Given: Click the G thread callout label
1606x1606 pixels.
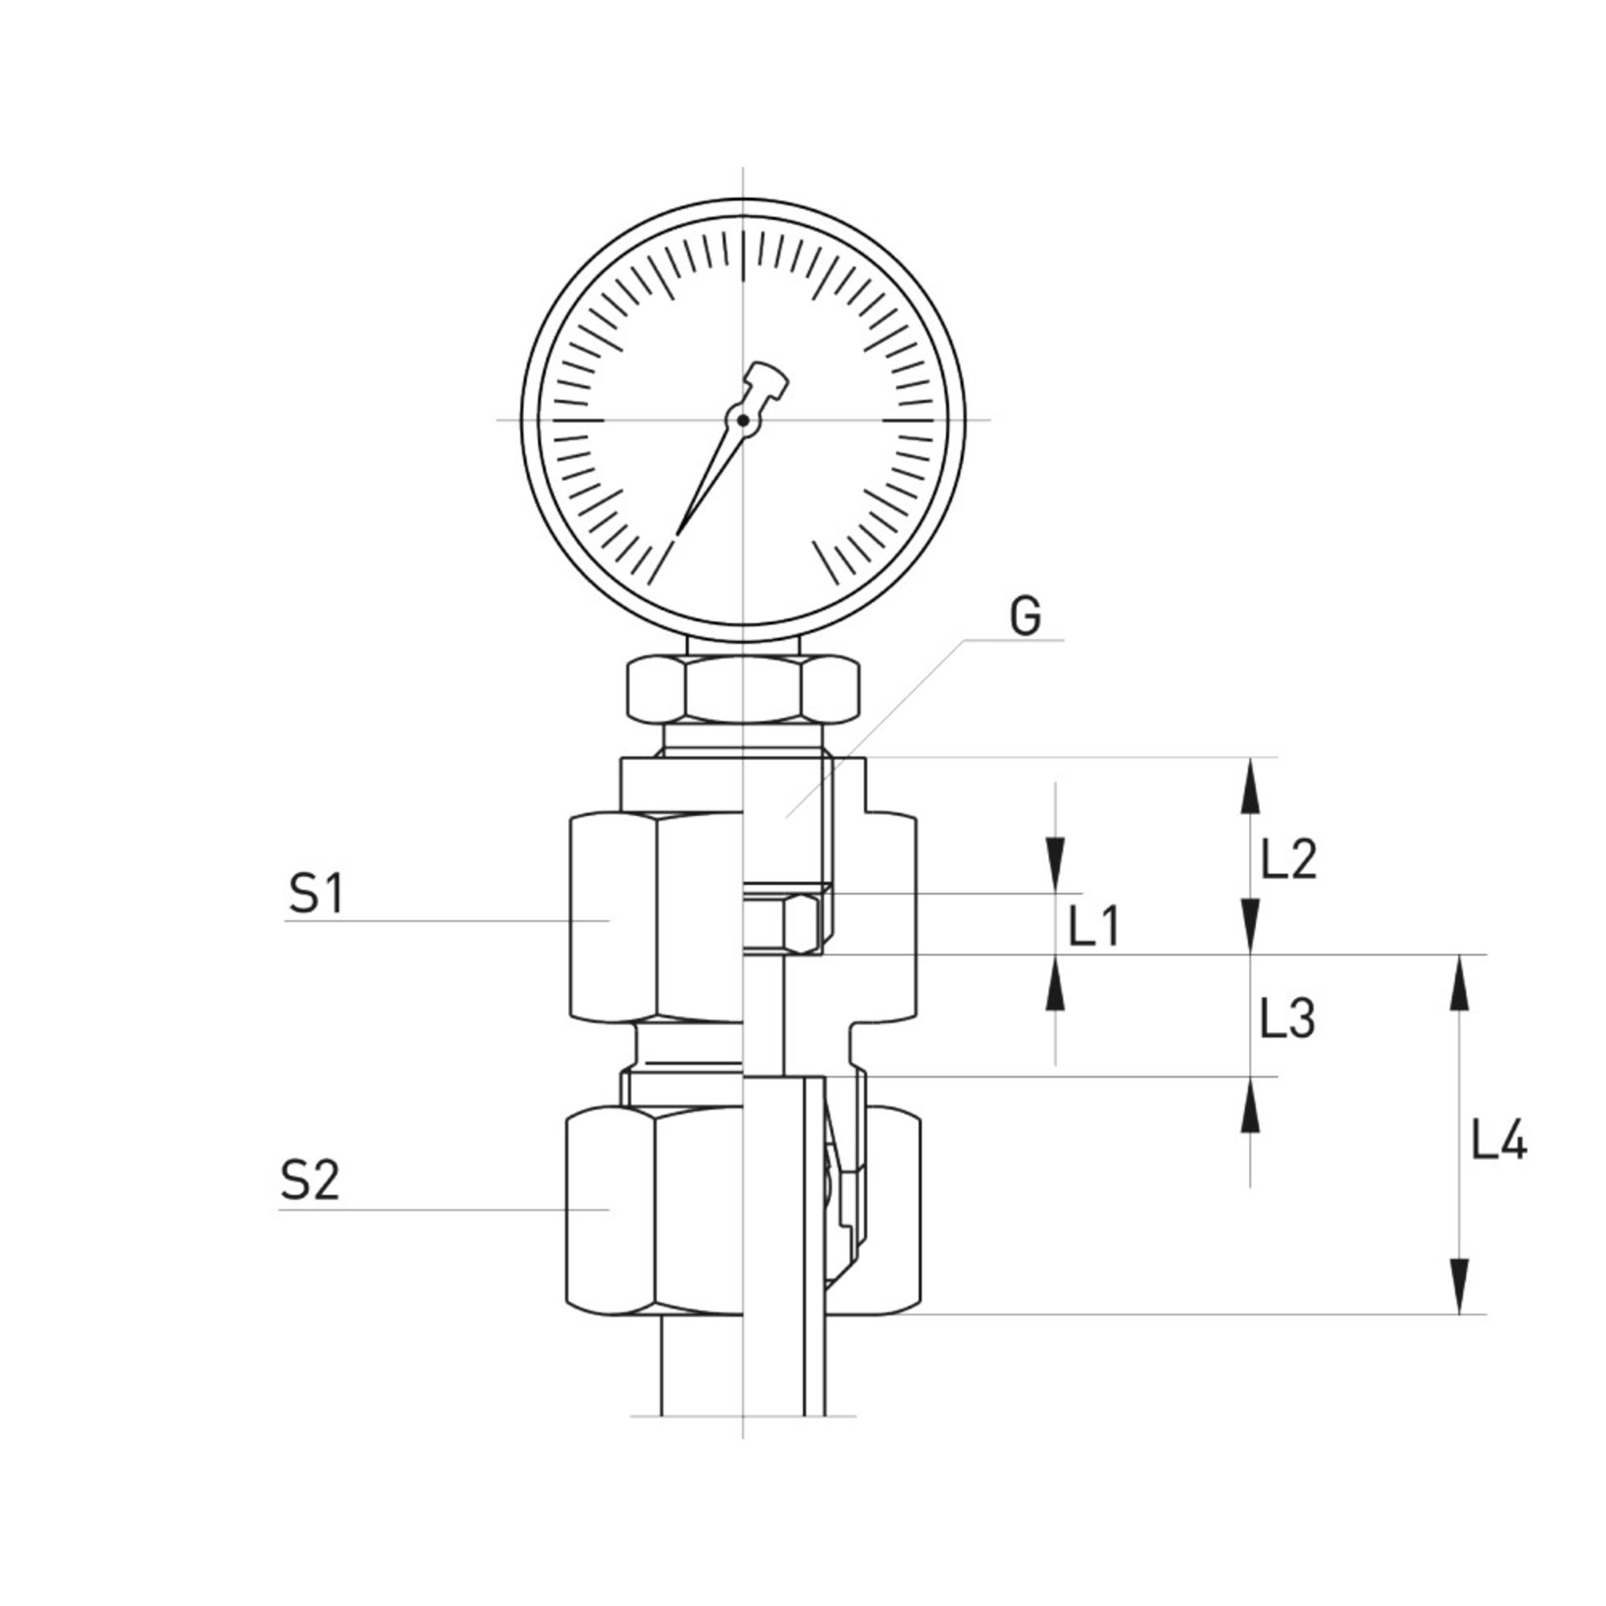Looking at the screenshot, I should tap(1025, 619).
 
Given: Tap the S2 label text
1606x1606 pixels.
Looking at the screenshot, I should tap(310, 1183).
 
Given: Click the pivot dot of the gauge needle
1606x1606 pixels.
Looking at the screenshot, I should tap(743, 420).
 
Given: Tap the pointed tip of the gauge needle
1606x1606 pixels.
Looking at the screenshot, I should tap(678, 532).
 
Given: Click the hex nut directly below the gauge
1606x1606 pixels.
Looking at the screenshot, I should tap(743, 690).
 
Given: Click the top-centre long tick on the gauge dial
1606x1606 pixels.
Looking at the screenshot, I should tap(743, 256).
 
